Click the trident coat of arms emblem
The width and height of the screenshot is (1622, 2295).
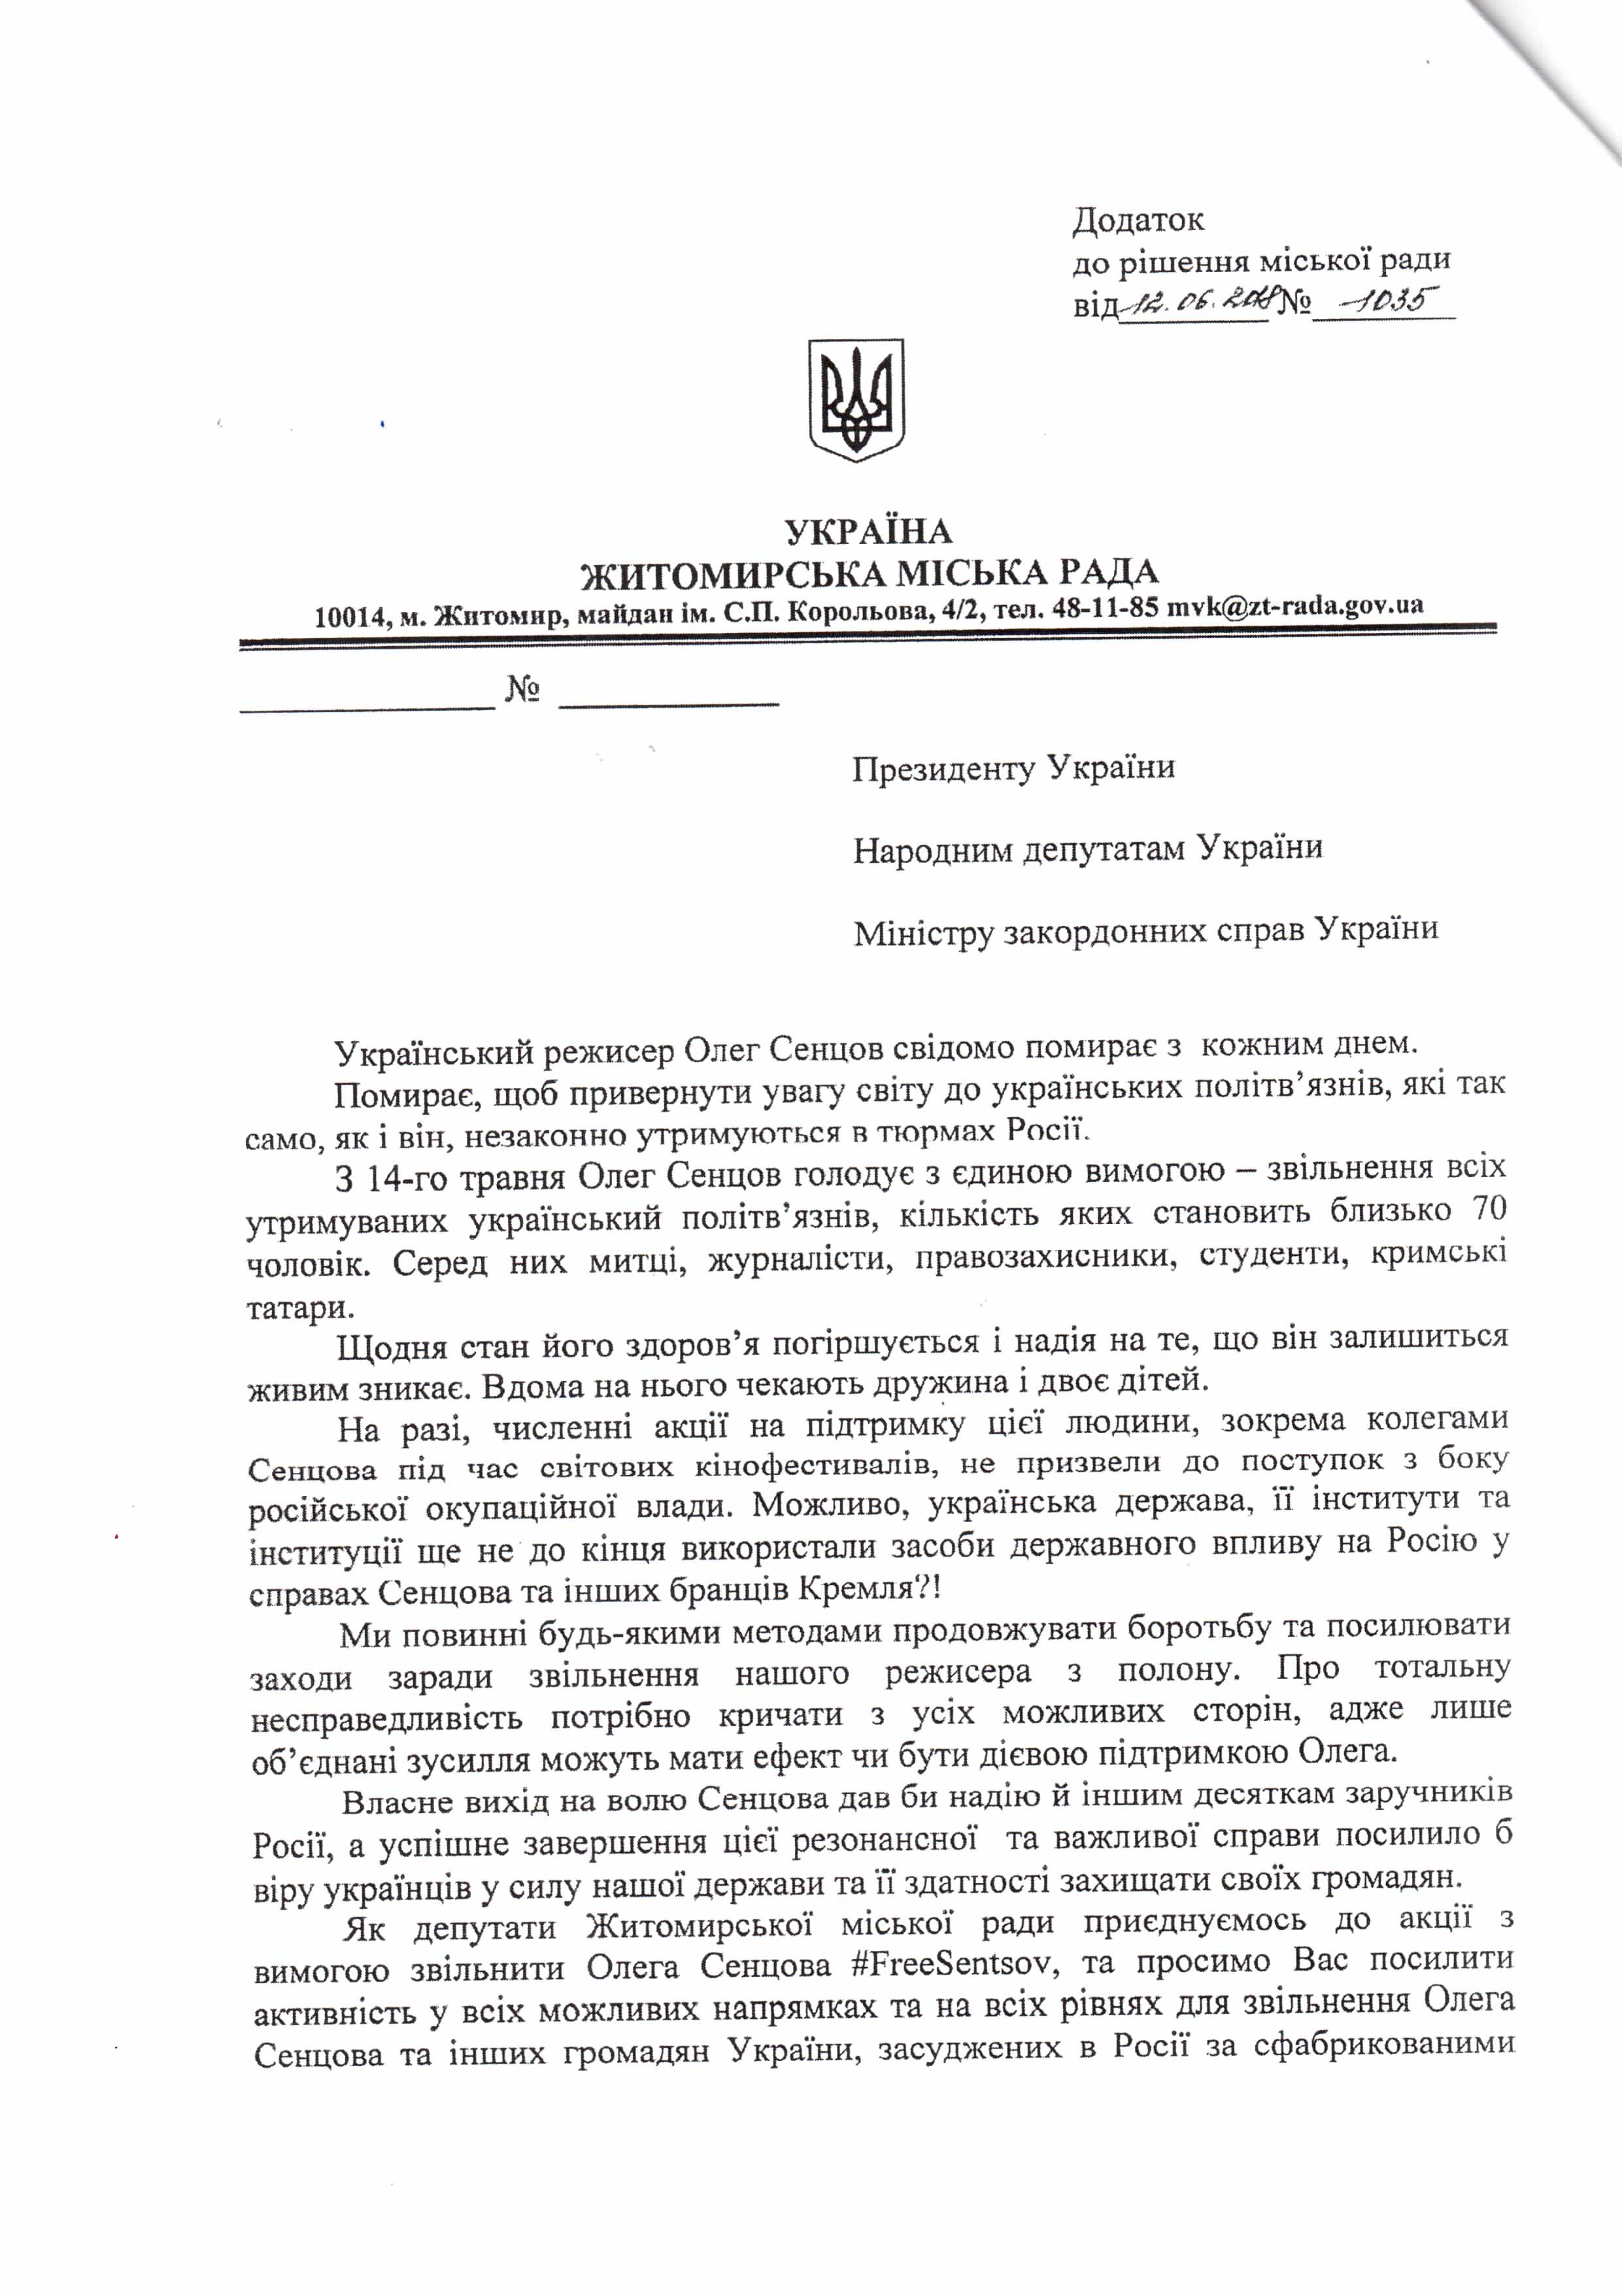point(856,399)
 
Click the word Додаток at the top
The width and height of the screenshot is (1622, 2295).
point(1138,219)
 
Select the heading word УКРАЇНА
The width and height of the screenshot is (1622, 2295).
point(868,531)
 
